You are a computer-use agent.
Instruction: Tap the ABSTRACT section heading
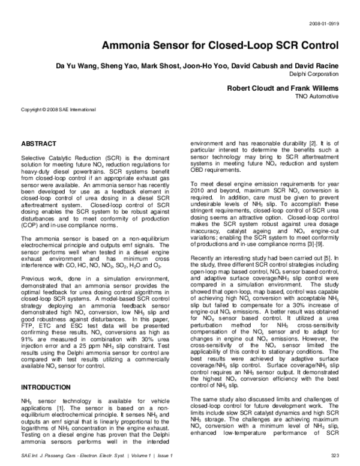(x=39, y=144)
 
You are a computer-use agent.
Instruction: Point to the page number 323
(x=335, y=456)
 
